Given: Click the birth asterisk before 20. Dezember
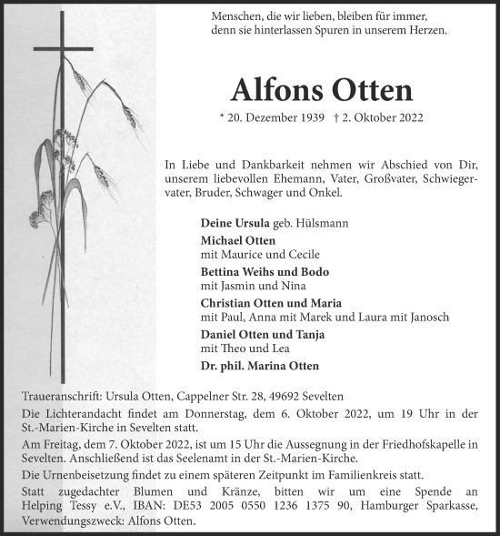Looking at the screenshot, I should pyautogui.click(x=223, y=117).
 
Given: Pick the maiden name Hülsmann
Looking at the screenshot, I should pyautogui.click(x=324, y=223).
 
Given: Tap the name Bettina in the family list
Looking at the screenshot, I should pyautogui.click(x=221, y=272).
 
